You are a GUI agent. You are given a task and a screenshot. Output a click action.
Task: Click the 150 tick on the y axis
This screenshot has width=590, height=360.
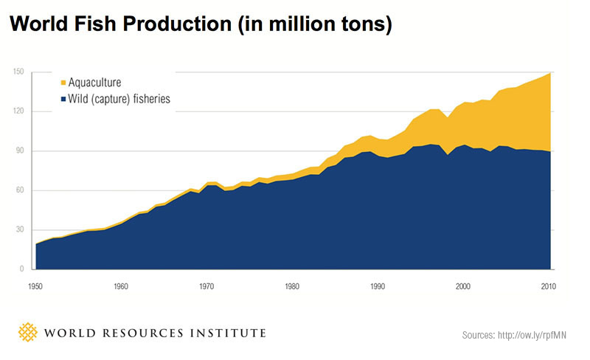tap(18, 72)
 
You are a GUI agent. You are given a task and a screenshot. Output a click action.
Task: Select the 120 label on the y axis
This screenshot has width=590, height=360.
tap(18, 111)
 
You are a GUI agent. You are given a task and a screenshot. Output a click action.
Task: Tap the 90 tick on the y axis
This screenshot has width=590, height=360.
tap(20, 151)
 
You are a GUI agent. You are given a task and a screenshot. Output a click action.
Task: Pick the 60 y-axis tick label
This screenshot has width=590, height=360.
tap(20, 190)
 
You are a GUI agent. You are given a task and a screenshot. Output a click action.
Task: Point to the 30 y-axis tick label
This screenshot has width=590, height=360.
tap(20, 230)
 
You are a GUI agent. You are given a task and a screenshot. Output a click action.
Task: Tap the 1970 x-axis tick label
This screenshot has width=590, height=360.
tap(207, 285)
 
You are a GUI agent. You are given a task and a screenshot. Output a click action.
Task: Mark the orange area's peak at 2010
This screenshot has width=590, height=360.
tap(549, 74)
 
